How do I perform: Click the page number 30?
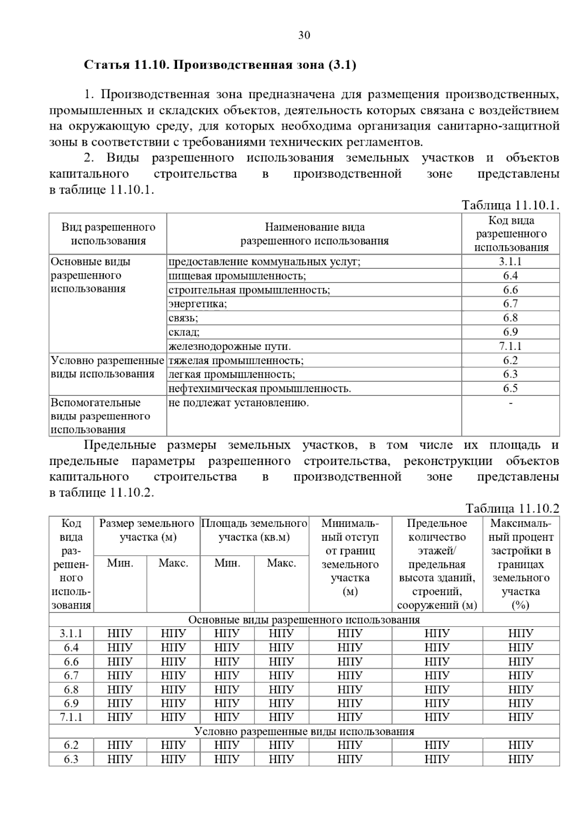[304, 36]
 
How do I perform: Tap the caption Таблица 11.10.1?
[510, 205]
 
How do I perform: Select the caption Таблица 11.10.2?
[512, 508]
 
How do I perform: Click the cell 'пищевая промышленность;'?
[237, 276]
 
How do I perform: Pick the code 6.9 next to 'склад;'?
[510, 332]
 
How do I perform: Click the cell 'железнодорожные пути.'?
[230, 347]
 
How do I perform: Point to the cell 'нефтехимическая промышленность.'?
[260, 389]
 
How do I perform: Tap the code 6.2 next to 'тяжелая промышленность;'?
[510, 361]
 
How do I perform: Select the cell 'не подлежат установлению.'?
[239, 403]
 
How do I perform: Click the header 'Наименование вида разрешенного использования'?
[314, 234]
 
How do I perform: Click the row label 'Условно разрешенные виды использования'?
[107, 368]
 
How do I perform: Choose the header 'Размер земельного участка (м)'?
[147, 530]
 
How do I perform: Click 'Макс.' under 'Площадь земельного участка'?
[281, 563]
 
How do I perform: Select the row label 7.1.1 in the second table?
[71, 718]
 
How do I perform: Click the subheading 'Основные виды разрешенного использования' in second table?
[304, 620]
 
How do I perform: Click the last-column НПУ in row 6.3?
[520, 759]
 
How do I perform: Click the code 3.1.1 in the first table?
[510, 262]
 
